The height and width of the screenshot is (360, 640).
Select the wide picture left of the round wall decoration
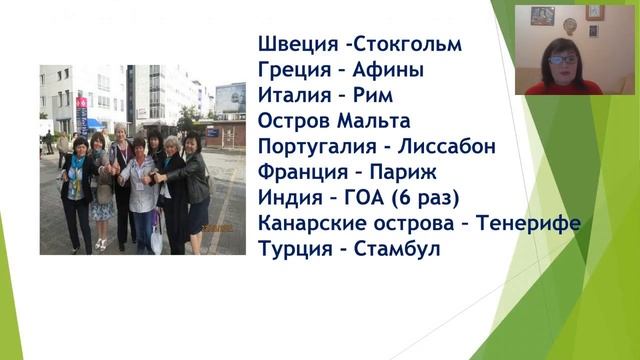click(543, 15)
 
